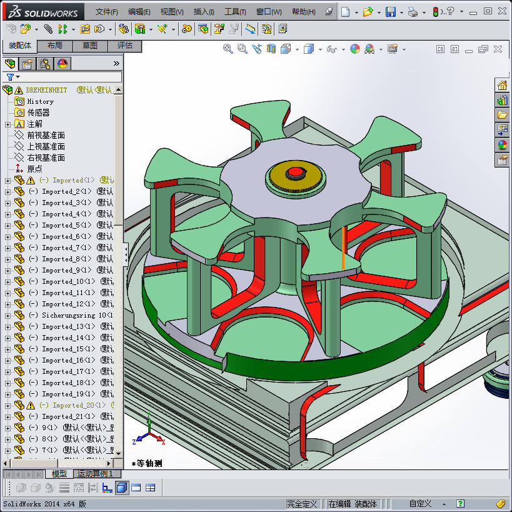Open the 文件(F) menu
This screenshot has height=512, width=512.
point(107,12)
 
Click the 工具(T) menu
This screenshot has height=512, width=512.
point(235,12)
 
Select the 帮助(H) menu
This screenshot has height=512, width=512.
point(303,12)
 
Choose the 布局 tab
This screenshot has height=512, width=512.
point(54,46)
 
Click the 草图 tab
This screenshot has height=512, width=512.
point(89,46)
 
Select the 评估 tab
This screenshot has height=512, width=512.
point(124,46)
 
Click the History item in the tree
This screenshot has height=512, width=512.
point(40,101)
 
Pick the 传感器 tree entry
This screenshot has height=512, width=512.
point(38,113)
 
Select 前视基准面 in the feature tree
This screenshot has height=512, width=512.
point(46,135)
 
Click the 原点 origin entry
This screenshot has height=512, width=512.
point(34,169)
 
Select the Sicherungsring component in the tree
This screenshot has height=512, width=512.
point(69,315)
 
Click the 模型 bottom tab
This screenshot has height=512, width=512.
point(59,474)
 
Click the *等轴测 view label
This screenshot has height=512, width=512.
point(148,463)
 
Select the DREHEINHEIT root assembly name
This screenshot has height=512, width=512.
point(46,90)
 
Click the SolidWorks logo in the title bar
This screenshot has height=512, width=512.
point(44,12)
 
